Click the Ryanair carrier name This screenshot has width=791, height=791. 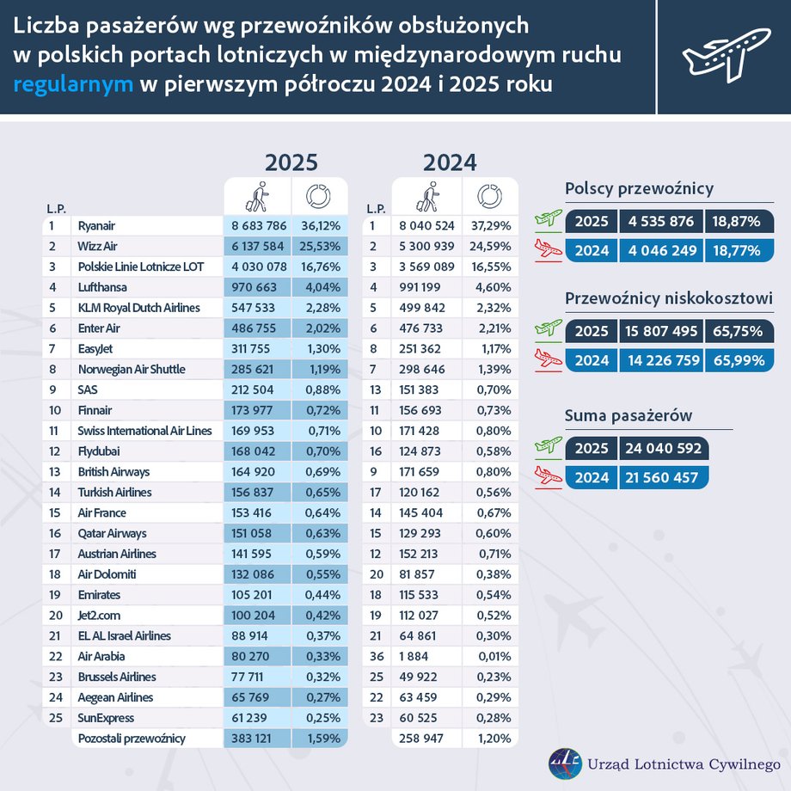pos(96,226)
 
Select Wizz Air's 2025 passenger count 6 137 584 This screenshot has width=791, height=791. pos(258,247)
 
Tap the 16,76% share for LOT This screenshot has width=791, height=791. pos(319,267)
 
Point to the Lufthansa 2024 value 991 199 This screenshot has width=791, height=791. pos(426,288)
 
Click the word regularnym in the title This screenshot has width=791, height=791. pos(73,84)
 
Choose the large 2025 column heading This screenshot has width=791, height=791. pos(291,162)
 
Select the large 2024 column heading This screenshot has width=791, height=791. pos(450,162)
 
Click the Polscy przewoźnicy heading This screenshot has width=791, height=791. pos(639,190)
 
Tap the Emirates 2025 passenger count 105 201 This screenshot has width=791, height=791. pos(258,595)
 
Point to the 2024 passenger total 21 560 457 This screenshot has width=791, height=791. pos(659,477)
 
